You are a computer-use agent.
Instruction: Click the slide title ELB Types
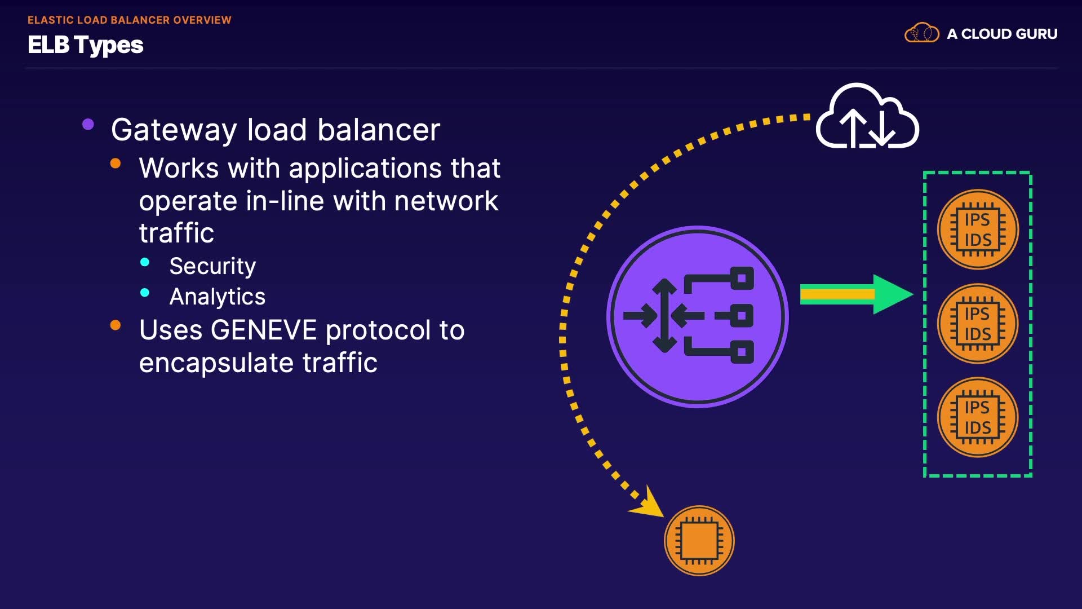click(86, 45)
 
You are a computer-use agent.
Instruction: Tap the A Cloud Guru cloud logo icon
click(921, 33)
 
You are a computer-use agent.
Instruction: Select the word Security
click(212, 266)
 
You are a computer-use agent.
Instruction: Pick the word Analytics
click(218, 297)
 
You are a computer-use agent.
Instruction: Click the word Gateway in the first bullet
click(174, 130)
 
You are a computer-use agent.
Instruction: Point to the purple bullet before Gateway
click(88, 125)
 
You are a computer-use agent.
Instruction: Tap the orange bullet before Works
click(116, 164)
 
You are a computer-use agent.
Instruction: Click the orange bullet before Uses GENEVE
click(116, 325)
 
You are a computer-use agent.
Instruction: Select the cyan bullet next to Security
click(145, 262)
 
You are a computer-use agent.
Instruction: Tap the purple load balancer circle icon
click(698, 316)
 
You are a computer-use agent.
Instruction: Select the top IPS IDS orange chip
click(978, 230)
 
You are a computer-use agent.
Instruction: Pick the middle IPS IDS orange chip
click(978, 324)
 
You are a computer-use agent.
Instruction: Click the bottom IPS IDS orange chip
click(978, 417)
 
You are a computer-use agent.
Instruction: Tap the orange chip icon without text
click(699, 540)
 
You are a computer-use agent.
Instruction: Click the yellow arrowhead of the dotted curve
click(648, 504)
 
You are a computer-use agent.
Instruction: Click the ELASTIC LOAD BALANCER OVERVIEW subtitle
click(130, 20)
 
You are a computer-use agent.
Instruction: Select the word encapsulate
click(216, 363)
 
